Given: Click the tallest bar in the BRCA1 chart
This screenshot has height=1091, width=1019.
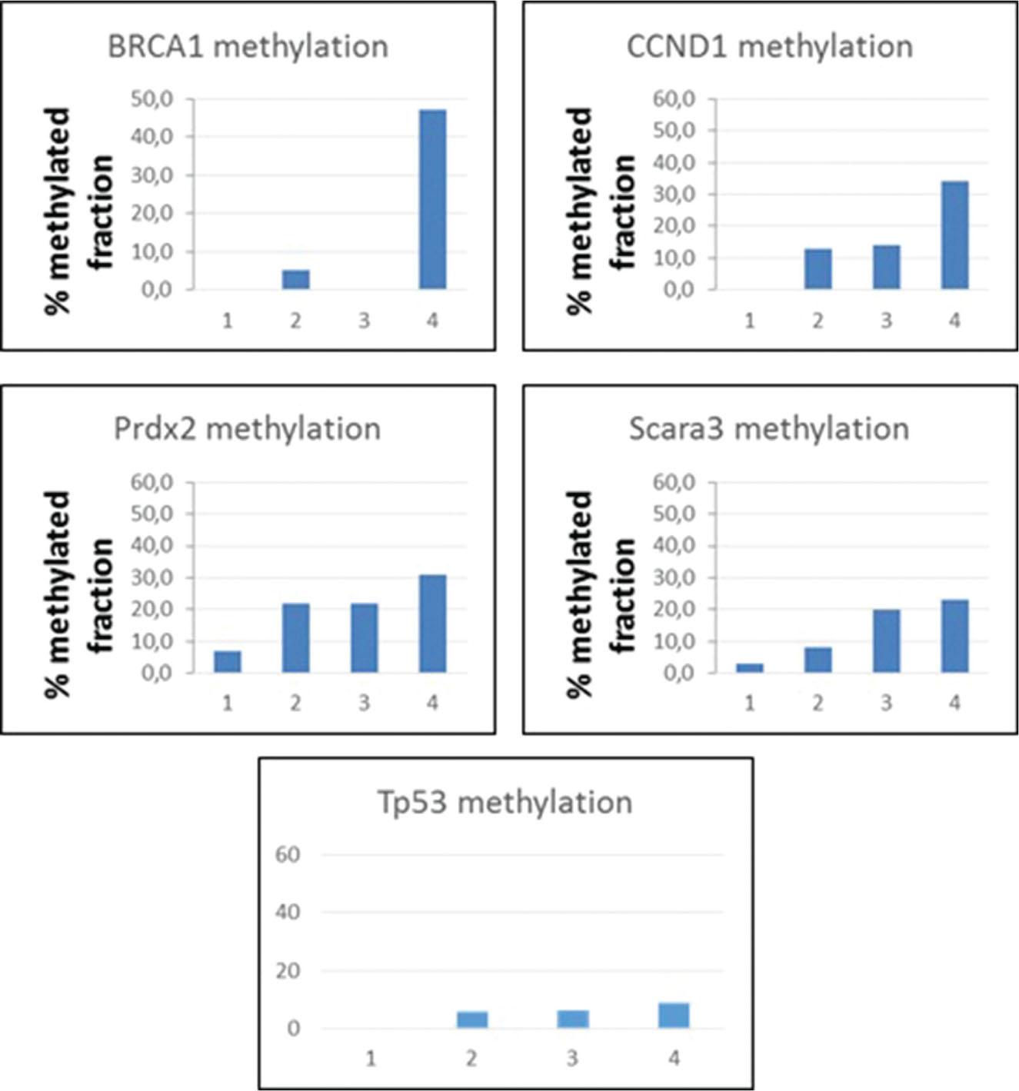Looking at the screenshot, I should pos(432,199).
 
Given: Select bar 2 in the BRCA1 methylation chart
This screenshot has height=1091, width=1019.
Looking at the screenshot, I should pos(295,279).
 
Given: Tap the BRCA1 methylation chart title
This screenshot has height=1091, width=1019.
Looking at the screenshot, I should pos(248,47).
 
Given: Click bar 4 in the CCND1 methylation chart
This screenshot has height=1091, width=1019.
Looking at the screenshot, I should pos(954,234).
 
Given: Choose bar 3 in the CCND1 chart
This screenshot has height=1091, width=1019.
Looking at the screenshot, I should pos(886,267).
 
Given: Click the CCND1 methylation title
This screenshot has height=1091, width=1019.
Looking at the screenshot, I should pos(770,47).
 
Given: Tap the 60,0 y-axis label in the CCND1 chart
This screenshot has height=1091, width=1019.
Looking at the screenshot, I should pos(674,99).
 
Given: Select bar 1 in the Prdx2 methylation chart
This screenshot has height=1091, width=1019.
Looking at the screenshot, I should pos(228,661).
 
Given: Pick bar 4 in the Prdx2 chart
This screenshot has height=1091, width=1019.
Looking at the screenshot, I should pos(432,624).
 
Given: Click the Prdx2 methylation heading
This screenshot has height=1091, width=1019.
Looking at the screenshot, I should pos(247,429).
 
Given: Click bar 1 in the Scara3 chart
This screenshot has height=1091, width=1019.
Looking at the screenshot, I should pos(750,667).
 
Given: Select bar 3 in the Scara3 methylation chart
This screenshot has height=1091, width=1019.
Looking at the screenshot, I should pos(886,640).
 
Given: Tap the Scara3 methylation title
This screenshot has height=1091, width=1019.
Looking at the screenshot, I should pos(769,429).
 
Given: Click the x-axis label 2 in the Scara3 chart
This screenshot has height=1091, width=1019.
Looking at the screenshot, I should pos(818,703).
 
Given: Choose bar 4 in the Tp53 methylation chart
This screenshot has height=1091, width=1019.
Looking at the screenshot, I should pos(674,1015).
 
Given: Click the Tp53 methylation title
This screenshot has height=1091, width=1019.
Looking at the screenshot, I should pos(505,803).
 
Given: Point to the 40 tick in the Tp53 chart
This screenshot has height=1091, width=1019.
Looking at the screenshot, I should pos(288,913).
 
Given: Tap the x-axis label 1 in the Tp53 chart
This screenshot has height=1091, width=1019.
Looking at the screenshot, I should pos(371,1059).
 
